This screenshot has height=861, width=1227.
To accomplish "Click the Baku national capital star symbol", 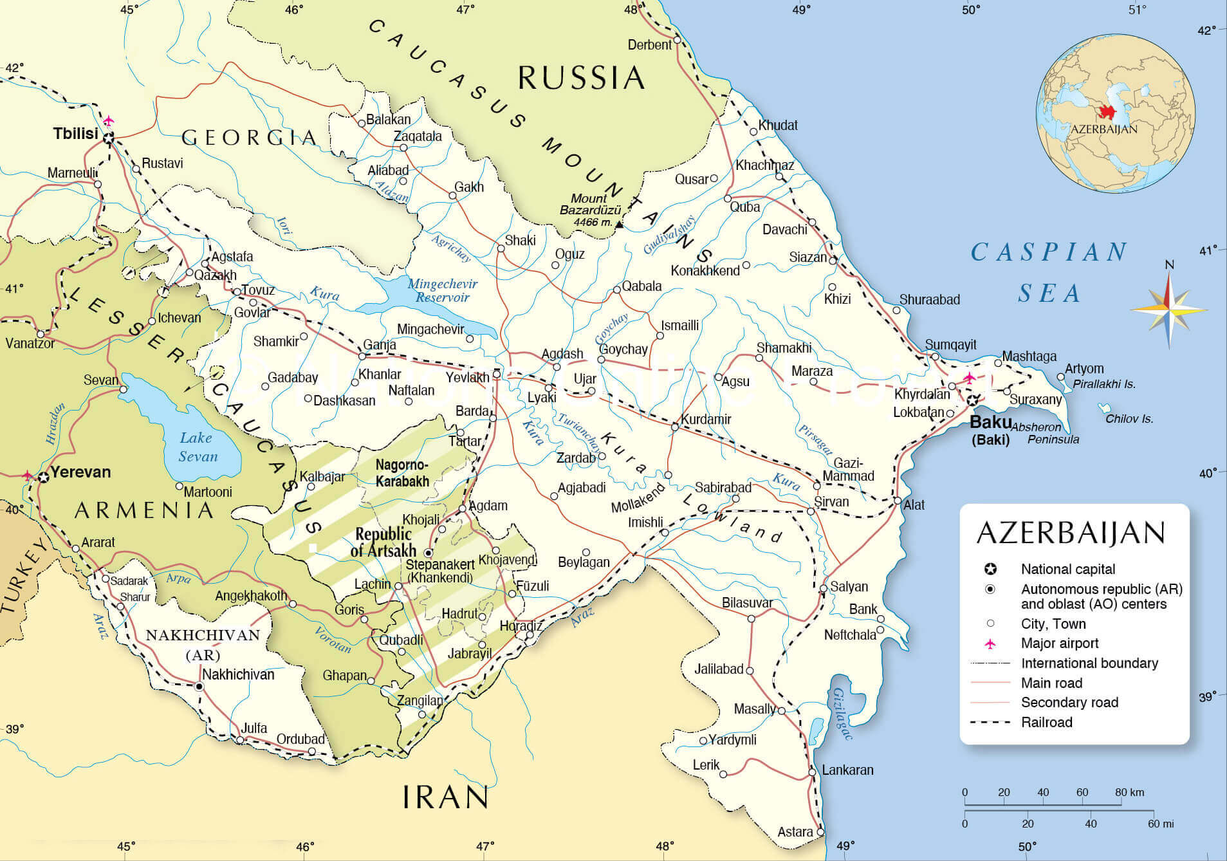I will (x=973, y=400).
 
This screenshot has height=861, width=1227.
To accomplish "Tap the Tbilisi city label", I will (x=75, y=133).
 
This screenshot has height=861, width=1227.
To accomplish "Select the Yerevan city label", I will (x=80, y=472).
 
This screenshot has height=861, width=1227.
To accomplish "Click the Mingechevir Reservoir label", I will (x=442, y=290).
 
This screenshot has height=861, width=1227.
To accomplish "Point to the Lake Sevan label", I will (x=198, y=447).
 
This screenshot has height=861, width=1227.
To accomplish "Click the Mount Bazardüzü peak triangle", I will (x=619, y=225).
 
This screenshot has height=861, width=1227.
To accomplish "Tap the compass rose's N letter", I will (x=1170, y=264).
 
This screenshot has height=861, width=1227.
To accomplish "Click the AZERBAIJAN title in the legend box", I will (x=1071, y=533).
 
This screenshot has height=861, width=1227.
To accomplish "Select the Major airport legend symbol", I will (x=990, y=643).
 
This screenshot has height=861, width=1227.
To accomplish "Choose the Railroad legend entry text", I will (x=1046, y=722).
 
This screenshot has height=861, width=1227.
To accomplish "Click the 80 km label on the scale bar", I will (x=1129, y=792).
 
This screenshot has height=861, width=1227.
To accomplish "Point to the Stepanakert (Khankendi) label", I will (x=440, y=571).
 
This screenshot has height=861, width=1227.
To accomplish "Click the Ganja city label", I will (x=380, y=344).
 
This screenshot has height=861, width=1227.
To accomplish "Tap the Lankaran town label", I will (x=847, y=770).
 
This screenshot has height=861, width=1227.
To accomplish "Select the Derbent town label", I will (x=649, y=44).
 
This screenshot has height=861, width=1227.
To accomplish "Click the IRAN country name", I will (x=445, y=797).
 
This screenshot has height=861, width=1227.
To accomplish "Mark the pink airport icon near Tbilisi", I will (x=109, y=120).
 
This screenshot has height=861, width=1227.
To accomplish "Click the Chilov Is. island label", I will (x=1129, y=419).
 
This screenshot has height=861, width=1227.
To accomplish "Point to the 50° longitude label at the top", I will (x=971, y=9).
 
